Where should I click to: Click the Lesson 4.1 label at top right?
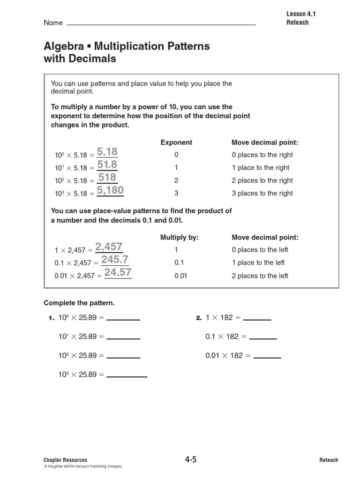click(x=301, y=14)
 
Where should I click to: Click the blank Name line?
click(x=161, y=23)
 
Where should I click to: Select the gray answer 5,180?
click(x=110, y=190)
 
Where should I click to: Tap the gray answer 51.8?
click(x=107, y=165)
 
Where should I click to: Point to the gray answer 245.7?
click(x=115, y=260)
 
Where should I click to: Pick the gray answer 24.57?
click(x=118, y=272)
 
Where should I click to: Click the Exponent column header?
click(x=176, y=142)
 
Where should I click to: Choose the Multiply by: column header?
click(x=180, y=238)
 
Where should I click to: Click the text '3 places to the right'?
click(x=262, y=193)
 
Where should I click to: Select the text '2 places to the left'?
click(x=260, y=276)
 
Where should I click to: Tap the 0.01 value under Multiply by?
click(x=180, y=276)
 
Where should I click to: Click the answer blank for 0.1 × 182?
click(x=262, y=337)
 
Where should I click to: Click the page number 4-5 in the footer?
click(x=191, y=460)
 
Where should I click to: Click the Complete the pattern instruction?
click(x=79, y=303)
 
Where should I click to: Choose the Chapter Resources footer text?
click(x=65, y=460)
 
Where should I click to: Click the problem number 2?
click(x=198, y=318)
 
